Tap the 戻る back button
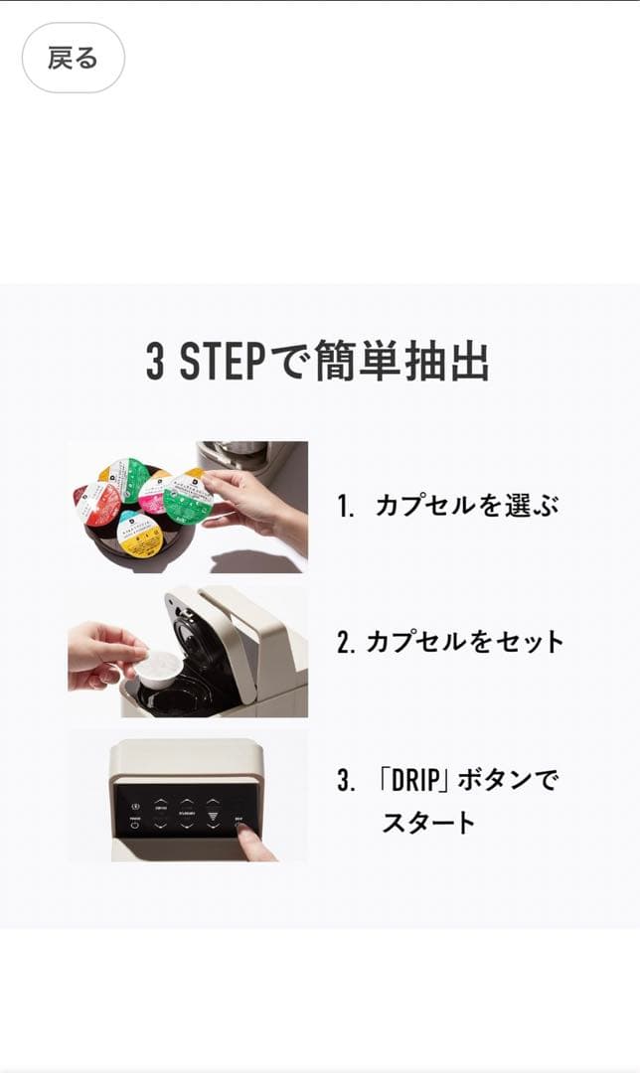click(73, 58)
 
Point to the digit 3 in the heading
click(155, 363)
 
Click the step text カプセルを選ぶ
click(466, 506)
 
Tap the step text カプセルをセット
click(464, 642)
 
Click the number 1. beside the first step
click(346, 507)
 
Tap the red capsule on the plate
click(98, 504)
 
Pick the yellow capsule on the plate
click(140, 534)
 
